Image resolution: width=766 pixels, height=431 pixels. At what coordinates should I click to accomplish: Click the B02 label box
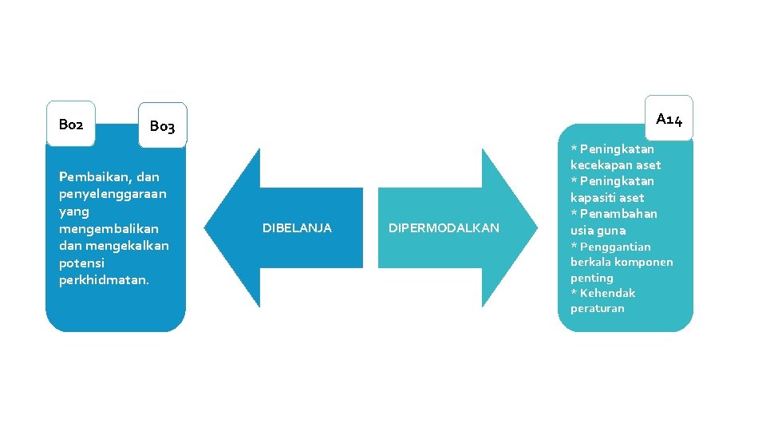click(x=71, y=124)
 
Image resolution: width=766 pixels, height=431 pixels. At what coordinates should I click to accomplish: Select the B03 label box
click(x=162, y=126)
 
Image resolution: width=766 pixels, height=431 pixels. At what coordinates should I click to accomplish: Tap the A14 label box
click(x=669, y=119)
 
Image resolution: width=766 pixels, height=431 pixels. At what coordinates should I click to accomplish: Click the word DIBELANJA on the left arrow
click(x=297, y=228)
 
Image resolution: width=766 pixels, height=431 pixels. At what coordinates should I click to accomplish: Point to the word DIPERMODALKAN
click(x=444, y=228)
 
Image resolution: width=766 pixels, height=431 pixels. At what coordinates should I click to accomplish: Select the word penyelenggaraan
click(x=113, y=194)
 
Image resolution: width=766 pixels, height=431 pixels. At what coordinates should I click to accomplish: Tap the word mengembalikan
click(x=109, y=228)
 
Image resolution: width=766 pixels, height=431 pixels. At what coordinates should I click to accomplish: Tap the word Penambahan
click(x=618, y=213)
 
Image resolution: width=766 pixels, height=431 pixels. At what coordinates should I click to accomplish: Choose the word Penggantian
click(x=615, y=247)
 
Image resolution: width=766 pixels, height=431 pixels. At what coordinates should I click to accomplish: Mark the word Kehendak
click(x=607, y=293)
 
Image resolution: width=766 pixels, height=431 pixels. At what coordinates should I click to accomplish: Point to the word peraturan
click(x=598, y=308)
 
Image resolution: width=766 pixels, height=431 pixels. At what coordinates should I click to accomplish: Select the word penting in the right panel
click(x=592, y=278)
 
